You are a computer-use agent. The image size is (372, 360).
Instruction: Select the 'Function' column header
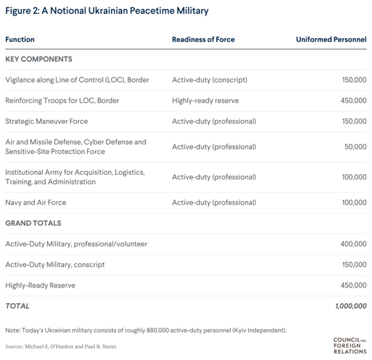click(20, 39)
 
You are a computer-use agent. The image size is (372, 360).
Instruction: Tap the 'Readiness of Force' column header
click(203, 39)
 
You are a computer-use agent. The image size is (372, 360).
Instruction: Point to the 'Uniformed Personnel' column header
click(331, 39)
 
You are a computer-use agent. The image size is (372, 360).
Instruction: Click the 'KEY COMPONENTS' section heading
click(39, 59)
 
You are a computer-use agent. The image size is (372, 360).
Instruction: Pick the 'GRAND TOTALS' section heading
click(33, 223)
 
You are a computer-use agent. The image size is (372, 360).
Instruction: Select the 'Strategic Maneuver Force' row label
click(46, 121)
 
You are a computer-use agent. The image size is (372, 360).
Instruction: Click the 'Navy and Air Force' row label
click(36, 203)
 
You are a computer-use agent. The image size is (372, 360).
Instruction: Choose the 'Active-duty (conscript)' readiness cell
click(210, 80)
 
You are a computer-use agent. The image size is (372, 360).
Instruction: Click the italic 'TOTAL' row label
click(17, 306)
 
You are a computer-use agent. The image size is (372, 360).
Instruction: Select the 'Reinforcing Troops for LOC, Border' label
click(62, 101)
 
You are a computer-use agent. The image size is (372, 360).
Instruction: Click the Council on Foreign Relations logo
click(349, 344)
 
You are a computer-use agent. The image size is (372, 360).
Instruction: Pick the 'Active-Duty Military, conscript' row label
click(55, 265)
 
